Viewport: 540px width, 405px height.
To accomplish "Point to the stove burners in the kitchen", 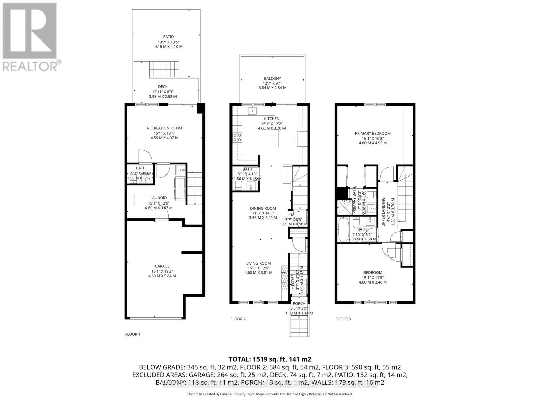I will tap(237, 137).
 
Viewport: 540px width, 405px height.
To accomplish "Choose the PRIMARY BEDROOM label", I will tap(373, 133).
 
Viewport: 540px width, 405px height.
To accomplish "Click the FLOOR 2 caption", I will tap(238, 319).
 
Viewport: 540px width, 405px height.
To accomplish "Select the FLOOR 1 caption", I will tap(133, 334).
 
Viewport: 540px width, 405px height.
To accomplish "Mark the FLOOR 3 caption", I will tap(343, 319).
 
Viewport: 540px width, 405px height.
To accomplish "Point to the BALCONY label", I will tap(272, 78).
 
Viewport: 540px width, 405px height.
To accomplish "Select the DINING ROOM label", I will tap(263, 208).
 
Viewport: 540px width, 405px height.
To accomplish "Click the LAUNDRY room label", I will tap(159, 198).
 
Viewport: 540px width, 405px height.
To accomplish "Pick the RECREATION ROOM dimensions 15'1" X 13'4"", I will tap(164, 133).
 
